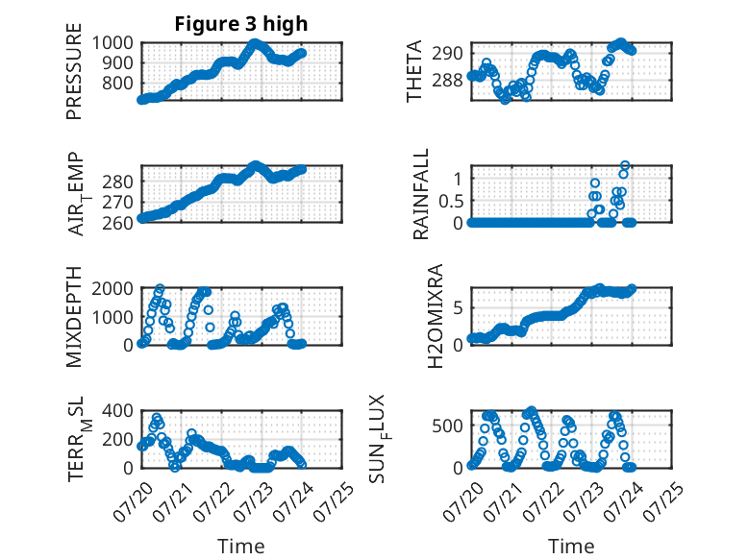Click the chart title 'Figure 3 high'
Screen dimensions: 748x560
[x=241, y=24]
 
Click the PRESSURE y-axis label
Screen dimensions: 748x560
[x=74, y=71]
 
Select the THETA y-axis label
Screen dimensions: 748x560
[x=414, y=71]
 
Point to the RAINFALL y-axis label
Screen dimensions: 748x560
[x=421, y=194]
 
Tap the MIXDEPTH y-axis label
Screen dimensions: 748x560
[x=74, y=317]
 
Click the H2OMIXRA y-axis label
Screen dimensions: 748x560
[x=436, y=316]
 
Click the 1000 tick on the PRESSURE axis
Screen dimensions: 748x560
[x=112, y=43]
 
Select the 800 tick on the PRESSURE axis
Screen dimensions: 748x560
[x=117, y=84]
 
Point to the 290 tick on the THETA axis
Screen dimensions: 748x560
[x=447, y=54]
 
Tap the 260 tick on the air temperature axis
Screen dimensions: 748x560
[x=117, y=223]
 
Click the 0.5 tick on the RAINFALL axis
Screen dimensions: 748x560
[x=451, y=201]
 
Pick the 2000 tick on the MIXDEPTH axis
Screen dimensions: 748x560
[x=112, y=289]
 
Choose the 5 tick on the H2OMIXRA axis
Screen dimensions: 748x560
[x=458, y=308]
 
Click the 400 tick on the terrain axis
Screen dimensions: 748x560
[x=117, y=410]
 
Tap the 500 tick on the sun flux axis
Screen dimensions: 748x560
[x=447, y=426]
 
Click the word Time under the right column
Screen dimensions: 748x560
[x=571, y=546]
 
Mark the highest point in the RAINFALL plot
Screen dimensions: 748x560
[x=625, y=165]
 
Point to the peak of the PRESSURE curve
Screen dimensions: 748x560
[x=255, y=43]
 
